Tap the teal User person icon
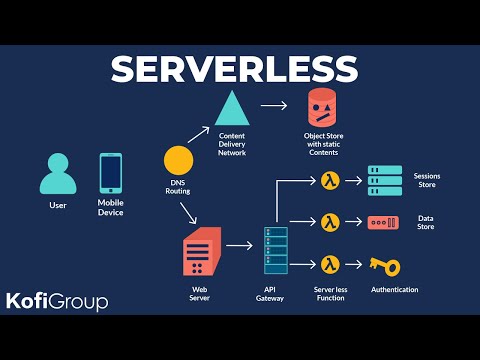point(57,175)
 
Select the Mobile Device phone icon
point(110,173)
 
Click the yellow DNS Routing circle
point(178,160)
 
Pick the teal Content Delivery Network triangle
point(232,108)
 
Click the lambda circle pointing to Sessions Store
point(331,181)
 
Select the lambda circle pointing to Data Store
point(331,222)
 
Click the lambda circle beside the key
point(331,264)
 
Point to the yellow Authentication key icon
point(384,265)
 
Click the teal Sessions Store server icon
point(385,181)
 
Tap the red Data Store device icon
point(384,222)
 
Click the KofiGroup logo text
point(57,300)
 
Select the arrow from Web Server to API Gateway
point(238,244)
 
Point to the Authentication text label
point(395,290)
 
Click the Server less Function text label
point(330,294)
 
